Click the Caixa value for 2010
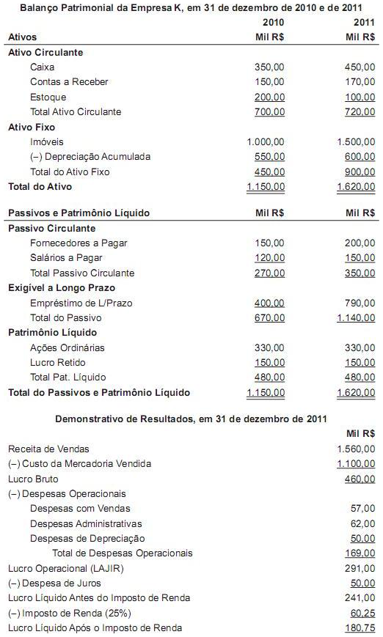click(x=269, y=67)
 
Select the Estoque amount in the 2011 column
click(x=360, y=97)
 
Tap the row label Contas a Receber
click(x=69, y=82)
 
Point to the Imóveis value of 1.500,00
click(x=356, y=141)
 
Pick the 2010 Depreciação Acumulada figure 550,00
click(x=269, y=157)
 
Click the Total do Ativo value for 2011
click(x=356, y=187)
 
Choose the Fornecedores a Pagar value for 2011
click(x=360, y=243)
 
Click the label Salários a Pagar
click(x=67, y=258)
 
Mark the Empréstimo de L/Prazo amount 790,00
click(x=360, y=303)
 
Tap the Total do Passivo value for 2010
click(x=269, y=318)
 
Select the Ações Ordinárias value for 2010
click(x=269, y=347)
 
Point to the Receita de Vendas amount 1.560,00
click(x=356, y=449)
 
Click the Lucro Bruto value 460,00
click(x=360, y=479)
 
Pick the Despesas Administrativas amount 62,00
click(x=363, y=523)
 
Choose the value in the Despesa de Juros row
click(x=363, y=583)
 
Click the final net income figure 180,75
click(x=360, y=628)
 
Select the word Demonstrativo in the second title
click(x=90, y=418)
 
